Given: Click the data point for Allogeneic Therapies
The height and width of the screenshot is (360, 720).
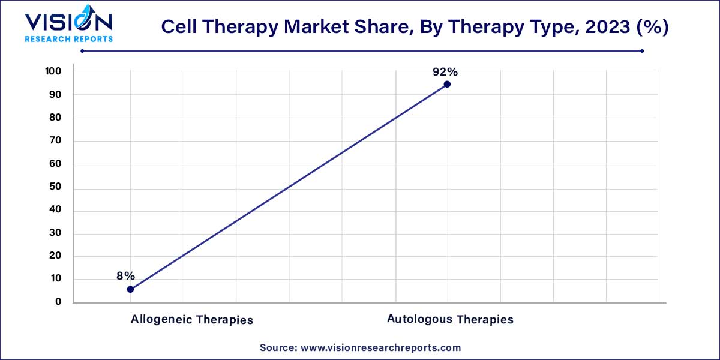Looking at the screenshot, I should pos(130,289).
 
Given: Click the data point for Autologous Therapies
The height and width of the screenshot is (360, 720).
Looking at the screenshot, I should pos(447,84).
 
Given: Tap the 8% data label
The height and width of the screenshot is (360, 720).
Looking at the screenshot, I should pos(125,276).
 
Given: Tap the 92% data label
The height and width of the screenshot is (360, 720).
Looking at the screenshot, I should pos(445,72).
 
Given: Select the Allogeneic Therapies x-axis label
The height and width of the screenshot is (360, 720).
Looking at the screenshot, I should pos(192,319).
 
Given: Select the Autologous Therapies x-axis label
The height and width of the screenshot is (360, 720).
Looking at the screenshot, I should pos(450,319).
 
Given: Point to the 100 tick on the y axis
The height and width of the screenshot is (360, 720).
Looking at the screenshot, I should pos(53,71).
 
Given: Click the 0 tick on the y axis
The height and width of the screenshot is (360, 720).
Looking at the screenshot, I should pos(58,302).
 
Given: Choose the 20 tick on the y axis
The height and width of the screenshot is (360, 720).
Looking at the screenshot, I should pos(55,256).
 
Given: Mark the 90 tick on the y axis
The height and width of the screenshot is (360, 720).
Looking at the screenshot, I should pos(55,95).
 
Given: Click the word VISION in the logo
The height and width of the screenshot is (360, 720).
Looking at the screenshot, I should pos(68,23).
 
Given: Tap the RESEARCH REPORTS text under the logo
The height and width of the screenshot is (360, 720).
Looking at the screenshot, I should pos(68,39).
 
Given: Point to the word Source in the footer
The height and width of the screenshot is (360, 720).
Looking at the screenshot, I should pos(277,347).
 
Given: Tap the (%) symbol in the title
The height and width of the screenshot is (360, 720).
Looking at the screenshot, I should pos(651,28).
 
